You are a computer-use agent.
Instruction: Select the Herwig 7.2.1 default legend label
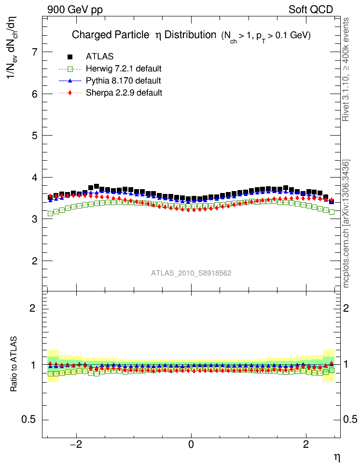[123, 69]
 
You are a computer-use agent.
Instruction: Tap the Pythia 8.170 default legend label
[123, 81]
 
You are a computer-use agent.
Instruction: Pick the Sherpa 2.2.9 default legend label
[124, 93]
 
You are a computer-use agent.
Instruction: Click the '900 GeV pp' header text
[75, 10]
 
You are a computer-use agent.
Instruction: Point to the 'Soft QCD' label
[311, 10]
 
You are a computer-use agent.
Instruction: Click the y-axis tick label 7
[35, 52]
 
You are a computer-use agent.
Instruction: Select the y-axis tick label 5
[35, 136]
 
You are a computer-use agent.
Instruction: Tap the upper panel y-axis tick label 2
[35, 261]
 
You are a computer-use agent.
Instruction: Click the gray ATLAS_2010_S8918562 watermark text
[191, 273]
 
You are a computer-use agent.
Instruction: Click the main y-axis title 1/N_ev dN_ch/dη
[14, 53]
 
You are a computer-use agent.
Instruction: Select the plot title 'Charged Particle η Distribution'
[143, 35]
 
